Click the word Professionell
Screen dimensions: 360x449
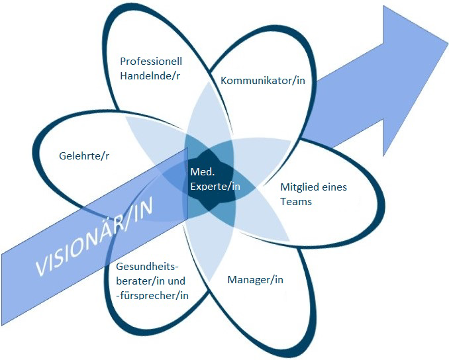click(151, 61)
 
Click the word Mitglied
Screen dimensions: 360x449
click(299, 187)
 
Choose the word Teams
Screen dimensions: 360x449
click(295, 201)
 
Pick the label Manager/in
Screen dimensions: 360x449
click(255, 279)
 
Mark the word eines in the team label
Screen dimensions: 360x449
click(333, 187)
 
